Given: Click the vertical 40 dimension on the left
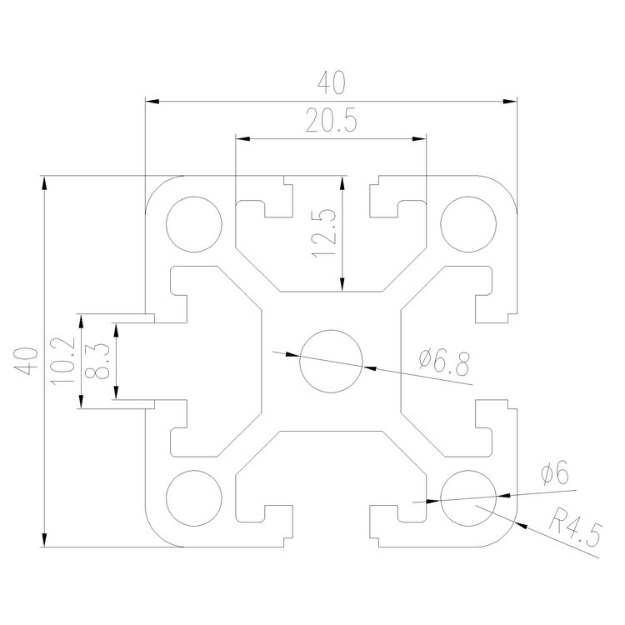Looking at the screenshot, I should (26, 362).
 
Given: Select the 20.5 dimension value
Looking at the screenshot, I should (331, 122).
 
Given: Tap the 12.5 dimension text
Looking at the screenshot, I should (325, 232).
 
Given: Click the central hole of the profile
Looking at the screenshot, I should (331, 361).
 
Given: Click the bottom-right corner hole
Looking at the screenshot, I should (467, 497).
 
